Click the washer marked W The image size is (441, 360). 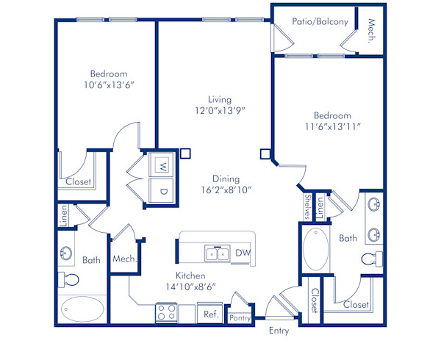click(x=162, y=165)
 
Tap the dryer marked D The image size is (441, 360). click(x=162, y=190)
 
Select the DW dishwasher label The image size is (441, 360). click(x=243, y=253)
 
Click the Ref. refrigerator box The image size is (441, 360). click(x=210, y=314)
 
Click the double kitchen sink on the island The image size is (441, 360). click(x=217, y=253)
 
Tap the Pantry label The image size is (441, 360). click(x=240, y=317)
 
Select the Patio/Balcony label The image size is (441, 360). click(x=320, y=22)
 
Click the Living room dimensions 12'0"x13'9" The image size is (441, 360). click(x=220, y=110)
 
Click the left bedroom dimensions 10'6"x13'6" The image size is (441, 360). click(x=109, y=84)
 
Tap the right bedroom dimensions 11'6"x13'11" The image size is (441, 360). click(x=333, y=126)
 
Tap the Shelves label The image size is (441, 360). click(x=306, y=206)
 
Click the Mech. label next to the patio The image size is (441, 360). click(x=372, y=31)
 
